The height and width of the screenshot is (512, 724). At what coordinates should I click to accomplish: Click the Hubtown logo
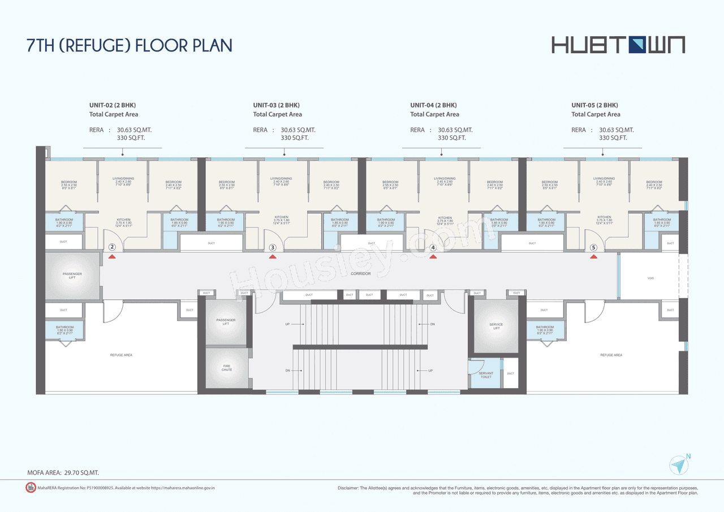[618, 44]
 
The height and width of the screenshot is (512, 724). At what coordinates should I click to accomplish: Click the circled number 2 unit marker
[112, 247]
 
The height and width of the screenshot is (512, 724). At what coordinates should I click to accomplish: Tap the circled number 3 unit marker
[273, 247]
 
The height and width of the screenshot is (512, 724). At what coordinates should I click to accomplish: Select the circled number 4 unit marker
[433, 247]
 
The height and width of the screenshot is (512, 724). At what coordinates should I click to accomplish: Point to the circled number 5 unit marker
[593, 247]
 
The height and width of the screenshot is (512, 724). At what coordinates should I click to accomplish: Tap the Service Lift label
[495, 326]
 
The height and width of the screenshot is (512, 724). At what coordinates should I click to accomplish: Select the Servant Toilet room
[485, 375]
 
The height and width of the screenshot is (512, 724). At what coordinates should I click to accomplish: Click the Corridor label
[360, 274]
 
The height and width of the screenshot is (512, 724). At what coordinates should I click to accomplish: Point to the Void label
[650, 278]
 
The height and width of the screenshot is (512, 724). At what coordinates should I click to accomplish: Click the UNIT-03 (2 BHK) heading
[276, 105]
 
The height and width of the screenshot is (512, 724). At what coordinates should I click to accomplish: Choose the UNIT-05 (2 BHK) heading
[594, 105]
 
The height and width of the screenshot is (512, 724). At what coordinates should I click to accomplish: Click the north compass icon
[679, 466]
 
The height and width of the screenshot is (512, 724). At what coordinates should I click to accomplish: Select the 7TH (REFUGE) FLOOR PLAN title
[130, 45]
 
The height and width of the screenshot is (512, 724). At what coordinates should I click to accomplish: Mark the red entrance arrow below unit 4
[433, 257]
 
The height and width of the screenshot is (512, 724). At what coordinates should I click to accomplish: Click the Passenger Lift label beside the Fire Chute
[226, 322]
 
